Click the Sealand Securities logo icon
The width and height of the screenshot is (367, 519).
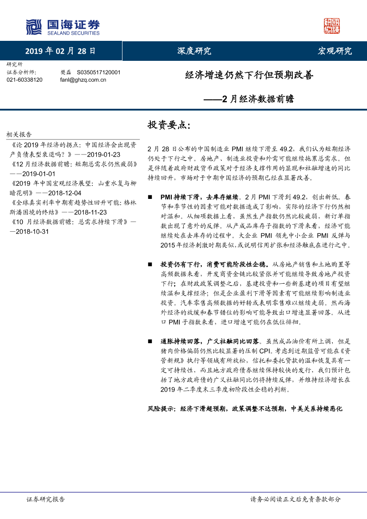[34, 27]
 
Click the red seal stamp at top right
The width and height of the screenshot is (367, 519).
[331, 26]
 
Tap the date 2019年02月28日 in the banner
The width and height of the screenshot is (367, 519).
[60, 51]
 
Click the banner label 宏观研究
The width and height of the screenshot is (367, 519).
[335, 51]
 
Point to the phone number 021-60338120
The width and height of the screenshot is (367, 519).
[25, 80]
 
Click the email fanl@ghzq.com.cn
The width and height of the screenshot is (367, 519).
[83, 80]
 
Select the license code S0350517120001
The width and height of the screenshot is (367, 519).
[99, 72]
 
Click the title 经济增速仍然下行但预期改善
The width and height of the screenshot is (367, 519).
[249, 75]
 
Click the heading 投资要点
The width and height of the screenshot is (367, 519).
[169, 125]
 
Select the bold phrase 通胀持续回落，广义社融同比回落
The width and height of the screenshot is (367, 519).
[210, 341]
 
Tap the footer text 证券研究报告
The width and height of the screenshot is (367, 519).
[46, 499]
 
